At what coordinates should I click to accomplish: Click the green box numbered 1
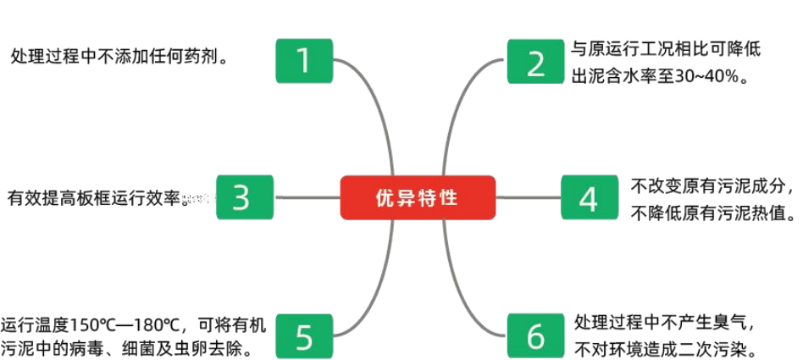(x=304, y=61)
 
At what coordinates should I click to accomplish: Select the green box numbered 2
(x=535, y=61)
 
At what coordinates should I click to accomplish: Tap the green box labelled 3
(x=245, y=197)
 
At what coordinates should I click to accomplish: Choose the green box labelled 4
(x=590, y=197)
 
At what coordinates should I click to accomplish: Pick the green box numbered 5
(x=304, y=335)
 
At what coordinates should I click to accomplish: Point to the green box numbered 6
(x=535, y=335)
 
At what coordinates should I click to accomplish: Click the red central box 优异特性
(x=418, y=197)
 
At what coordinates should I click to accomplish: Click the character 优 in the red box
(x=385, y=198)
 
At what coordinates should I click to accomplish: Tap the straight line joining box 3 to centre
(x=307, y=198)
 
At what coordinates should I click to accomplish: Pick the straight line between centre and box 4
(x=528, y=198)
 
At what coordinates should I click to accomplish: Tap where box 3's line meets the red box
(x=340, y=198)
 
